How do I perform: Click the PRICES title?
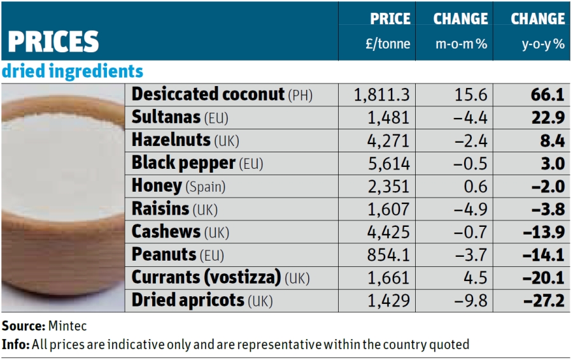pos(53,42)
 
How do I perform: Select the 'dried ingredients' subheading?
pos(73,71)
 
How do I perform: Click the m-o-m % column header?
pos(460,31)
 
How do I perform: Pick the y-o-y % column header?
pos(538,31)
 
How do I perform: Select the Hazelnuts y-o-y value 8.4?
pos(552,140)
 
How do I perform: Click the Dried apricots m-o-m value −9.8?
pos(470,301)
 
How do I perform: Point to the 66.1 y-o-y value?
pos(548,95)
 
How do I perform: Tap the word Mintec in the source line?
pos(67,326)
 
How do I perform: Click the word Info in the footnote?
pos(14,345)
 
